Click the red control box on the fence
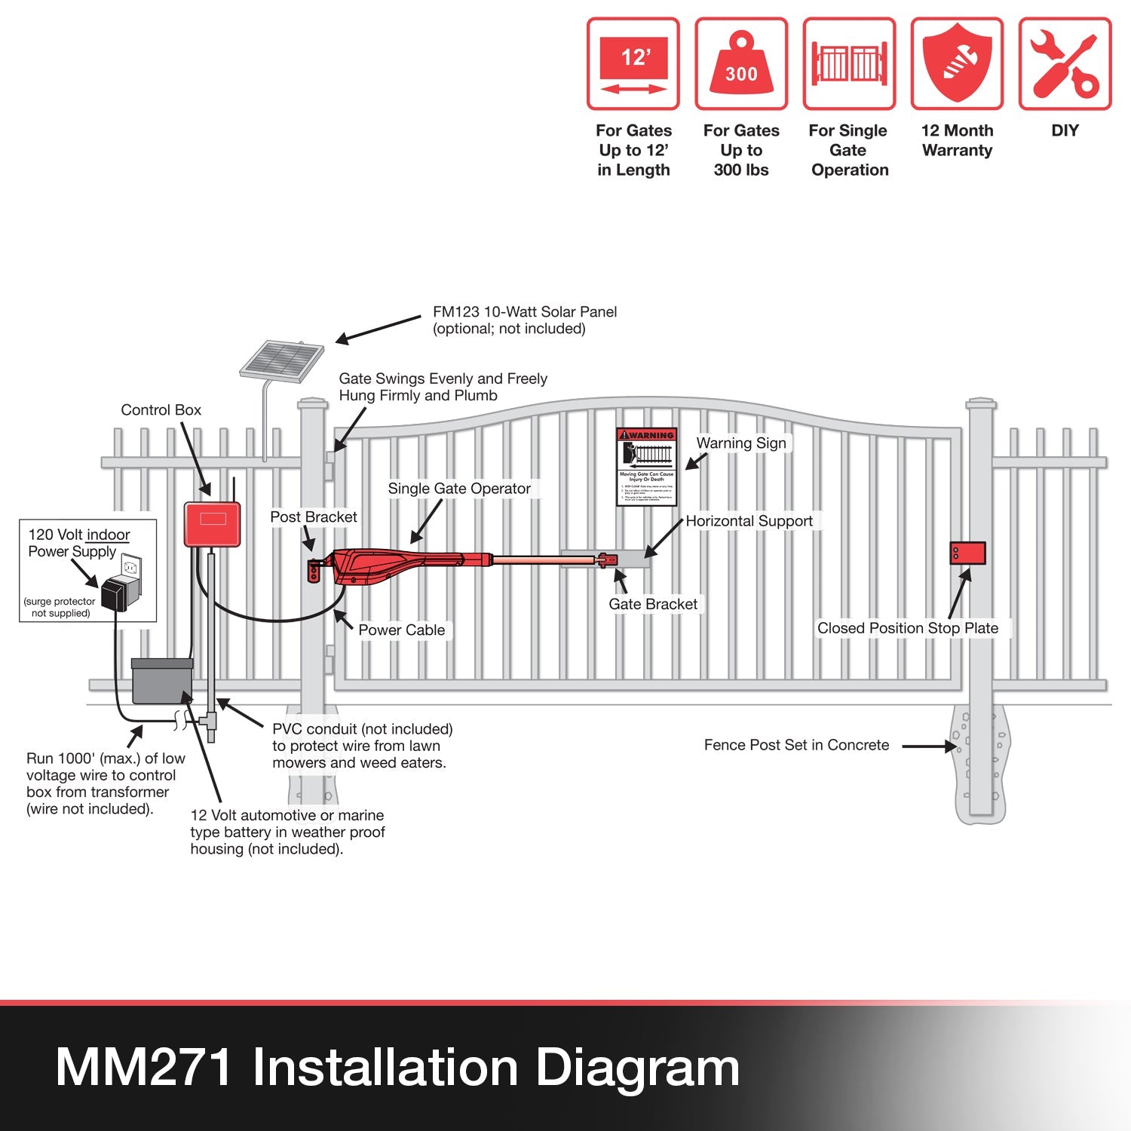pos(212,523)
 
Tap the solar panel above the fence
pos(281,360)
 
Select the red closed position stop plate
pos(967,553)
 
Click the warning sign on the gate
pos(646,467)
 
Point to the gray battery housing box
pos(162,681)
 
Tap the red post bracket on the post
pos(314,571)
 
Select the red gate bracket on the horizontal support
pos(606,559)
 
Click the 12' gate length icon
pos(633,64)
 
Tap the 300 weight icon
pos(741,64)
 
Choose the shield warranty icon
pos(957,64)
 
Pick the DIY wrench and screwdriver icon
pos(1065,64)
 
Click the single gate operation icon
pos(849,64)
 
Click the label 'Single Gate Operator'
pos(459,489)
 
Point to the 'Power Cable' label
pos(401,630)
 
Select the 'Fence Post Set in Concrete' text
pos(796,745)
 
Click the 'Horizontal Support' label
pos(749,521)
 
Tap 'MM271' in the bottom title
pos(143,1068)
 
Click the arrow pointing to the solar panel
pos(377,330)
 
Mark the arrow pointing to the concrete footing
pos(929,746)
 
